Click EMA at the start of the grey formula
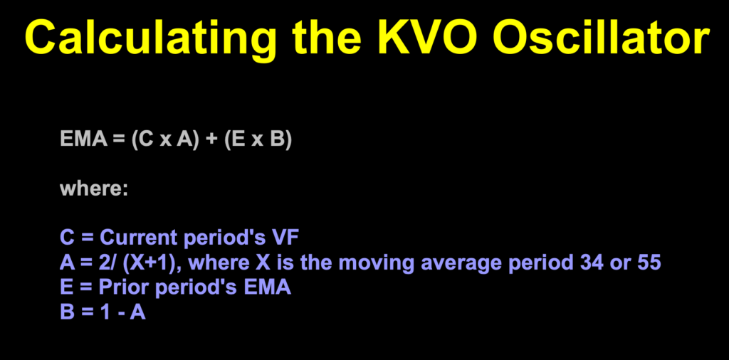(x=83, y=140)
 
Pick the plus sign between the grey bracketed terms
(x=211, y=140)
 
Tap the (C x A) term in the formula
(x=164, y=140)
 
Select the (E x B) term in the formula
(x=258, y=140)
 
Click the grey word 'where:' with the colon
(x=93, y=189)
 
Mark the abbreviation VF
(x=284, y=238)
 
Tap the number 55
(x=648, y=263)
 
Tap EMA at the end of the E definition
(x=268, y=288)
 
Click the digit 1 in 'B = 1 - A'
(x=105, y=313)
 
